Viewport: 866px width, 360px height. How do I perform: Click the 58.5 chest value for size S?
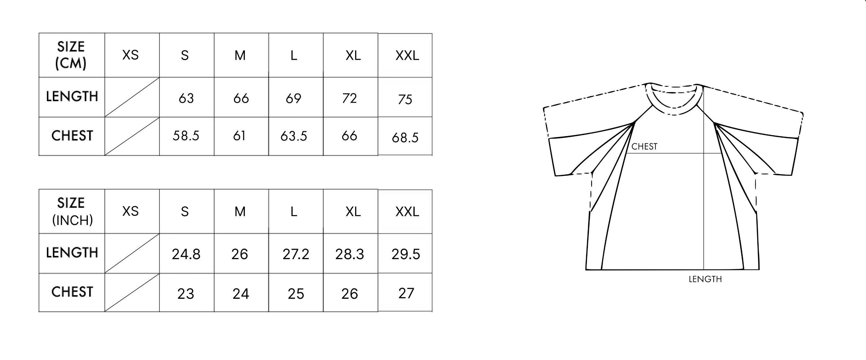click(186, 136)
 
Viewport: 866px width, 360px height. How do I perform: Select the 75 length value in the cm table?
click(405, 99)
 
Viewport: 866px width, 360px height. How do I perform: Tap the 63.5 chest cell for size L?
click(294, 136)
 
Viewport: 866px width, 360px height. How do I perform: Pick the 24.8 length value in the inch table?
click(186, 254)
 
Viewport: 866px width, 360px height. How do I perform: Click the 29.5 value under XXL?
click(405, 254)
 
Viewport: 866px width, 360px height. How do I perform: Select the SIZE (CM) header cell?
click(71, 55)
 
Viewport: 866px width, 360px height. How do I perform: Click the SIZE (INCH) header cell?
click(72, 211)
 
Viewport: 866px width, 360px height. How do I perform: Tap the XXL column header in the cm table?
click(407, 56)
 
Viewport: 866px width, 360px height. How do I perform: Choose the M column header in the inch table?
click(240, 211)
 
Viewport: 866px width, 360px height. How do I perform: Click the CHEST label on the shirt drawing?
click(644, 146)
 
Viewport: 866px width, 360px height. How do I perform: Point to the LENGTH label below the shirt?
click(705, 279)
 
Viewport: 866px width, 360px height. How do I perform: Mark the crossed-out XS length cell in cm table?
click(132, 97)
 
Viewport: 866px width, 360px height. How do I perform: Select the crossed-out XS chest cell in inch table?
click(132, 292)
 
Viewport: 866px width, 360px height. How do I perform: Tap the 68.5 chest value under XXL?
click(405, 137)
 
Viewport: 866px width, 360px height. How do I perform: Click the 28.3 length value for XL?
click(349, 254)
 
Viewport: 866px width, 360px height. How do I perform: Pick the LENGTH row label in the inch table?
click(72, 253)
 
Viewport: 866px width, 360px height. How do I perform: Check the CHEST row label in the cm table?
click(72, 136)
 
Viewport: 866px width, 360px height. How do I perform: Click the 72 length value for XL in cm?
click(349, 98)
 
